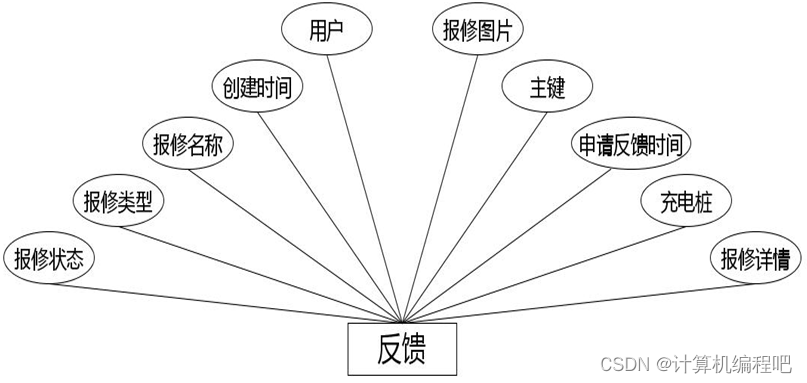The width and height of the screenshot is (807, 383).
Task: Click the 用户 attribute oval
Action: point(328,30)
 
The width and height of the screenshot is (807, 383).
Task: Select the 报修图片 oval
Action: point(478,30)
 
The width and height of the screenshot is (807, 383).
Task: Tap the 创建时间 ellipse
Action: point(257,88)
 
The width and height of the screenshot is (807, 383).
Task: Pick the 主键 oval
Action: point(548,88)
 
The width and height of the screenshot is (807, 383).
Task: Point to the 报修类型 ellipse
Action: point(118,201)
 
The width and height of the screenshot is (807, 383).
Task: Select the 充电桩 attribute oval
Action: point(685,201)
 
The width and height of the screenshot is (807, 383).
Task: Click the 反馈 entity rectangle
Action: point(401,348)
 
